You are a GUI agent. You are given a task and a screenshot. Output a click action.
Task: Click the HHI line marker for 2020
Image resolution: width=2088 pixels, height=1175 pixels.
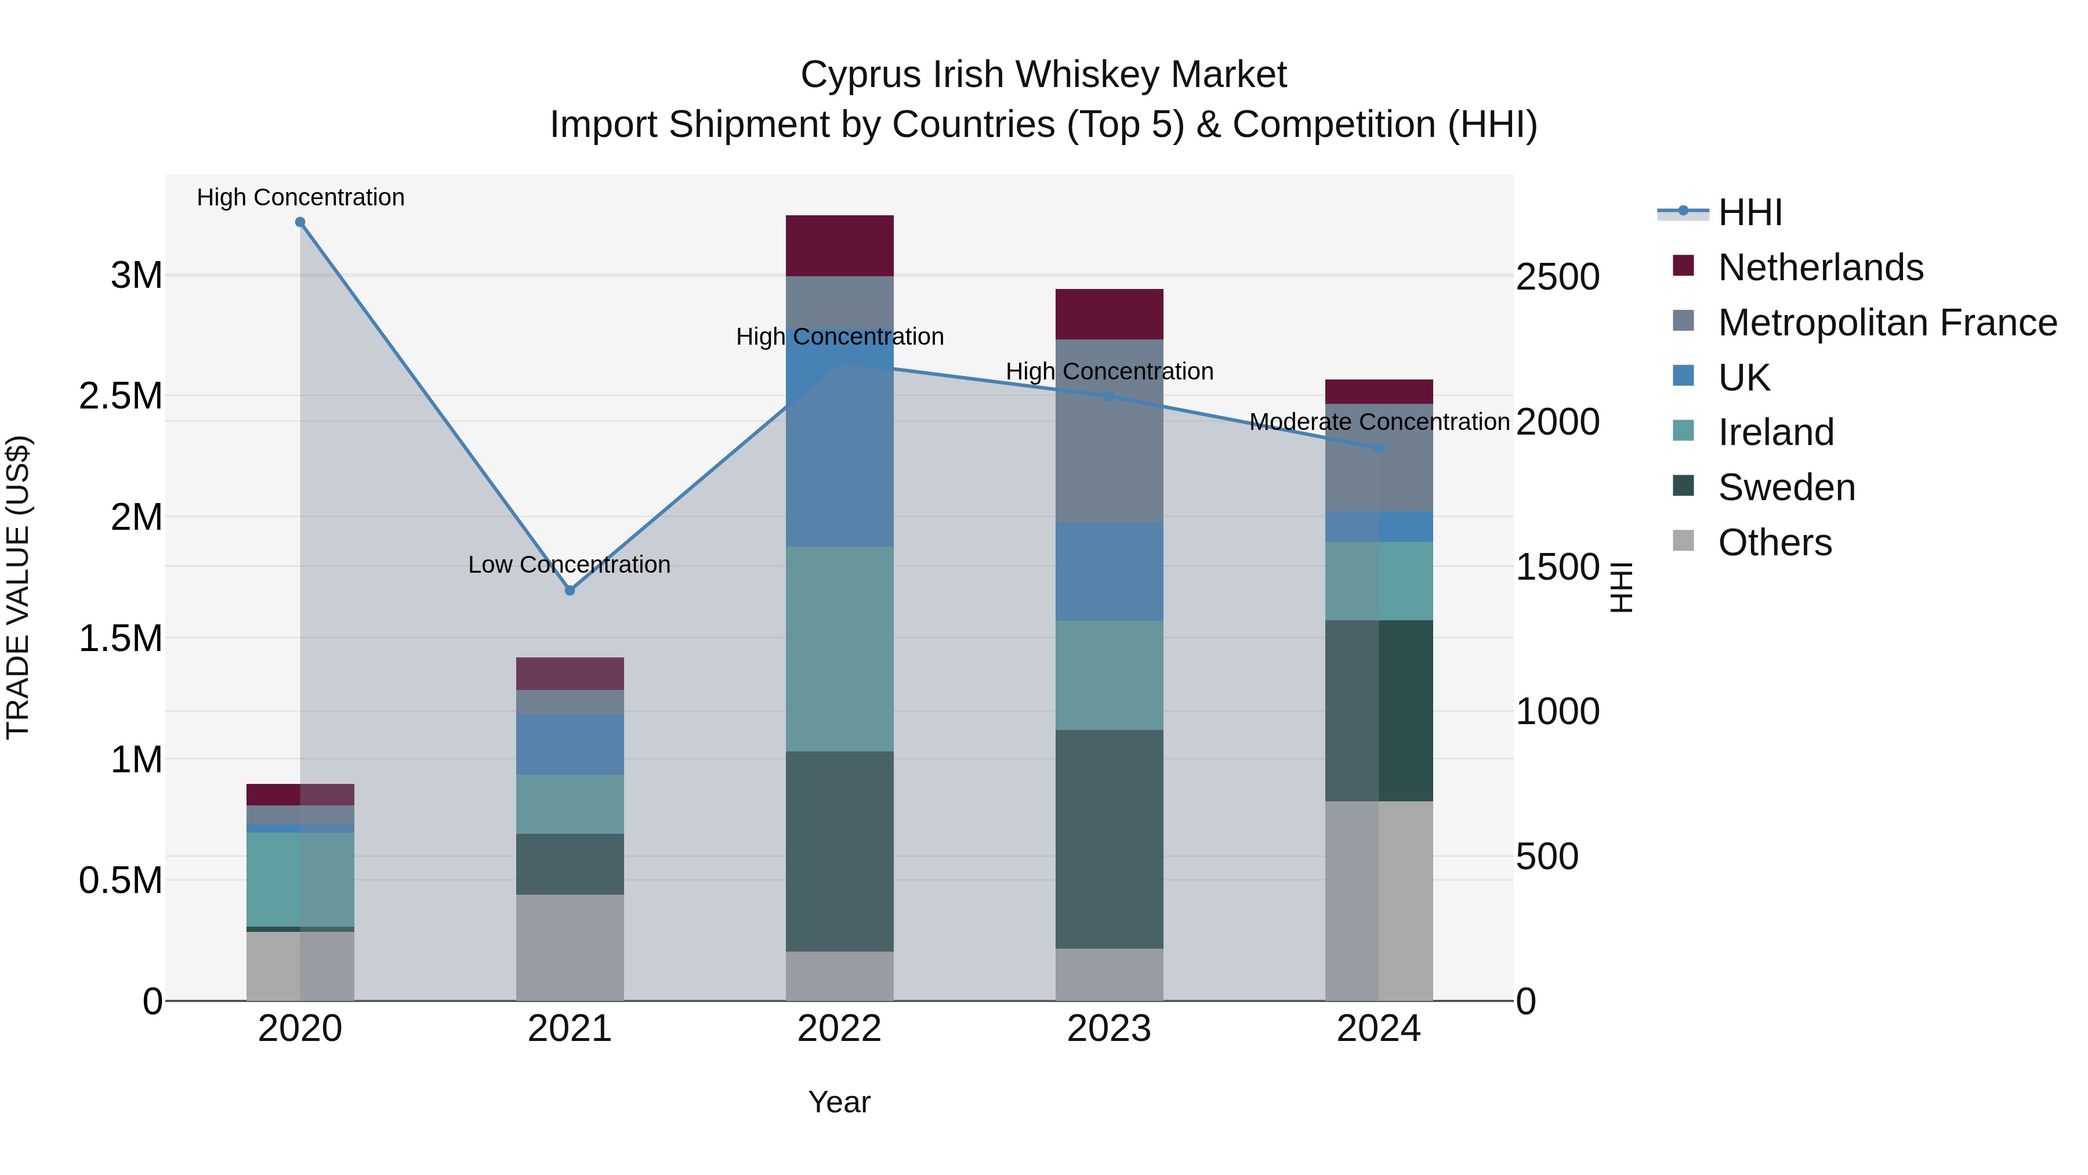click(x=300, y=222)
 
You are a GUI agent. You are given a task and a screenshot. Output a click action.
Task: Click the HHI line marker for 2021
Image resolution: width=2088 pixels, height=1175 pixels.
click(x=570, y=590)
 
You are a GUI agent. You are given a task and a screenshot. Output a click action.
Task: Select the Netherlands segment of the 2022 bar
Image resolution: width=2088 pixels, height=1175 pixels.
click(x=840, y=245)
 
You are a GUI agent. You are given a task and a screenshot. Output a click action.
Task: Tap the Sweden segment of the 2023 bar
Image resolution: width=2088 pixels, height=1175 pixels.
click(x=1109, y=838)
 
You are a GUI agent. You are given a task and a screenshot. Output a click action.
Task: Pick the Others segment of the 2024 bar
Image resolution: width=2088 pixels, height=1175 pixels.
click(x=1379, y=900)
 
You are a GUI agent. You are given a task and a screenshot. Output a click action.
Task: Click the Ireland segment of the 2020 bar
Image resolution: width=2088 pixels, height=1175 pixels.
click(x=300, y=879)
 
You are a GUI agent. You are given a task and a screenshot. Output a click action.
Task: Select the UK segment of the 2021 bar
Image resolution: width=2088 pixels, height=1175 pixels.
click(x=570, y=744)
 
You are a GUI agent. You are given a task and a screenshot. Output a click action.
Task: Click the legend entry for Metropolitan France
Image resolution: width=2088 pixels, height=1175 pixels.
click(x=1887, y=323)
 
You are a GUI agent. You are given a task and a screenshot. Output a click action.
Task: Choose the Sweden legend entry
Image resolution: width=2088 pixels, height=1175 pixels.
click(x=1786, y=487)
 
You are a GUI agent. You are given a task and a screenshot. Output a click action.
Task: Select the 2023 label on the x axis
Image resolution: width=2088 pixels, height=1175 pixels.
click(x=1109, y=1029)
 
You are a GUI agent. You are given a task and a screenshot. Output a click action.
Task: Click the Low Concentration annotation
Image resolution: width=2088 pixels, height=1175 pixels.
click(x=569, y=565)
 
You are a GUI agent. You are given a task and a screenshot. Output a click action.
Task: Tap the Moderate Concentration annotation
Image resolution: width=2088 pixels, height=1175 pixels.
click(x=1379, y=422)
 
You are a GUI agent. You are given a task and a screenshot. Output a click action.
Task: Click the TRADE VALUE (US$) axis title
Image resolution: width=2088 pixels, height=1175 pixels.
click(x=18, y=587)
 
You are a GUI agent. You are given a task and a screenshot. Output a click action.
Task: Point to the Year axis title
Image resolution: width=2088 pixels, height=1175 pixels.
click(x=839, y=1102)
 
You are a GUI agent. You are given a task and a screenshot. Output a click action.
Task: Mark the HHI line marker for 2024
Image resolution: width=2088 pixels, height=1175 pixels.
click(x=1379, y=447)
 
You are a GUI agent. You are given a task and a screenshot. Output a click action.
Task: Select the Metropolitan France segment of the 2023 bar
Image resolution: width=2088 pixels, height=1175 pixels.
click(x=1109, y=430)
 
